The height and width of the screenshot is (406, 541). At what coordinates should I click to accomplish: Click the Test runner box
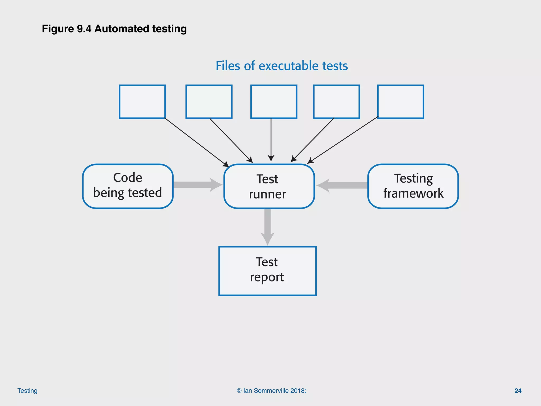coord(269,186)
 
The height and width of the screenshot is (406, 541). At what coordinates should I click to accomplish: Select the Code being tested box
coord(128,186)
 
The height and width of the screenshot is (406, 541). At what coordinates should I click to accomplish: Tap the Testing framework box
coord(413,186)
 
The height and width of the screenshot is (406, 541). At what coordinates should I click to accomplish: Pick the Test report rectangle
coord(267,271)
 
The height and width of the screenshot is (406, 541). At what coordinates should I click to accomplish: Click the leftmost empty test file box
coord(142,102)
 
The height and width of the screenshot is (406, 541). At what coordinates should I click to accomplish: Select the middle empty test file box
coord(274,102)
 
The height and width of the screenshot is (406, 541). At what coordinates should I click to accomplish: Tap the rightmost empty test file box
coord(400,102)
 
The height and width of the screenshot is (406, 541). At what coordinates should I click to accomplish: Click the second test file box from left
coord(209,102)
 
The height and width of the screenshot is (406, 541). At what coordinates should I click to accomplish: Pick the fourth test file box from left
coord(336,102)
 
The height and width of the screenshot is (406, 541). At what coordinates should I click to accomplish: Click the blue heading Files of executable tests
coord(282,66)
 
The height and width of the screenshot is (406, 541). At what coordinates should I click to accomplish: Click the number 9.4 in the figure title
coord(84,29)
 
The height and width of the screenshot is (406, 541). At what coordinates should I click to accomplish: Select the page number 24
coord(518,391)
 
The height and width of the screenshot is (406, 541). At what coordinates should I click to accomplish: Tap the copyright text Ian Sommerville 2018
coord(271,391)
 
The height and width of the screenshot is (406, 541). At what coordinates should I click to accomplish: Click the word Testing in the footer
coord(27,391)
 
